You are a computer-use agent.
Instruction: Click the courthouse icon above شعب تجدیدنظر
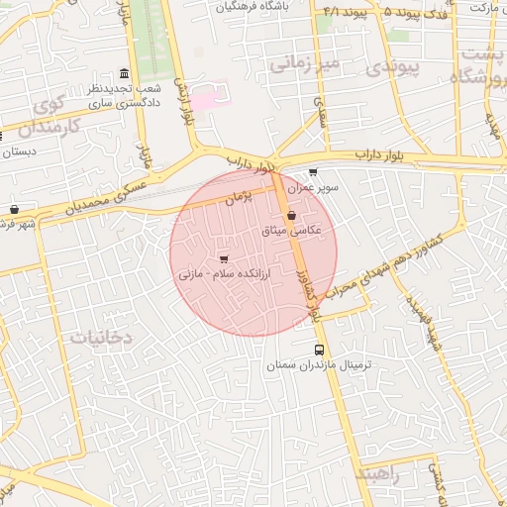pyautogui.click(x=123, y=75)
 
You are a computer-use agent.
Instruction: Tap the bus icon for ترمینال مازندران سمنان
pyautogui.click(x=319, y=350)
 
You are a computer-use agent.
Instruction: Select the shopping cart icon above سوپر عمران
pyautogui.click(x=314, y=172)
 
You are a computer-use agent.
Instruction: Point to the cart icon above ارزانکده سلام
pyautogui.click(x=223, y=257)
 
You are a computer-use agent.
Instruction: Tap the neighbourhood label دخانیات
pyautogui.click(x=100, y=337)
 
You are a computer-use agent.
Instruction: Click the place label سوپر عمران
pyautogui.click(x=314, y=186)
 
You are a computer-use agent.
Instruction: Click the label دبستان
pyautogui.click(x=20, y=152)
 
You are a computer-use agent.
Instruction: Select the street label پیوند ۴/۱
pyautogui.click(x=345, y=12)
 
